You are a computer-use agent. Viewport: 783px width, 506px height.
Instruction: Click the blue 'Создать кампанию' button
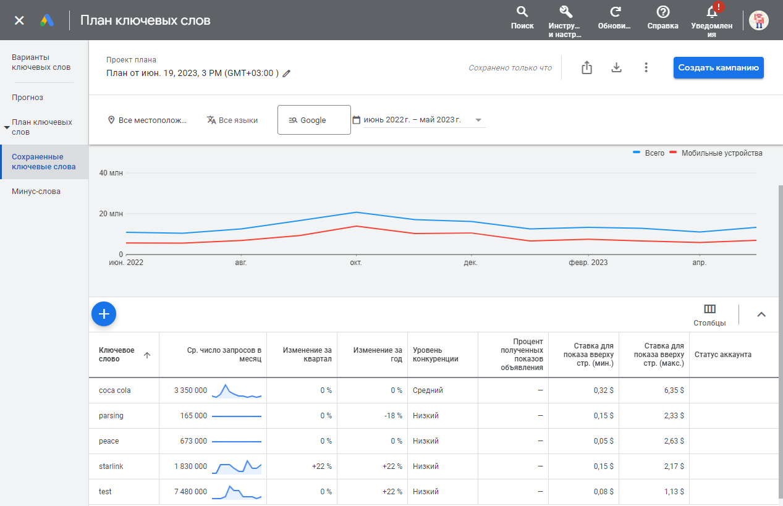click(718, 68)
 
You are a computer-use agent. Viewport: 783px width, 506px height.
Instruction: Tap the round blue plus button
click(104, 314)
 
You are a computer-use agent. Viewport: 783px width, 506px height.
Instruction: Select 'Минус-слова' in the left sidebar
click(36, 192)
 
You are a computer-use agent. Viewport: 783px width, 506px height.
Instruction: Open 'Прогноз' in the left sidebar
click(27, 98)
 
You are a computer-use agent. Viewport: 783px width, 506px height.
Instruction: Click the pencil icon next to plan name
click(286, 74)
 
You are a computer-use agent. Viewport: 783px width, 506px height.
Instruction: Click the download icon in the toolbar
click(616, 68)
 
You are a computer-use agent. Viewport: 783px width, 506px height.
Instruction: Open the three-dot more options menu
click(646, 68)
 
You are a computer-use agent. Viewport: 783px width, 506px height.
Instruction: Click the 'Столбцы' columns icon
click(709, 310)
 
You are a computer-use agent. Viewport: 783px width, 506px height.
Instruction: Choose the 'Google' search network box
click(314, 120)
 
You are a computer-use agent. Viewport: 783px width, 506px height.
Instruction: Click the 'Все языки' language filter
click(232, 120)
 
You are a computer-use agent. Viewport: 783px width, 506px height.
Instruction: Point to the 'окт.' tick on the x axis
click(355, 263)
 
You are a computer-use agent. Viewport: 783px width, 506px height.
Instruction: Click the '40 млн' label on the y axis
click(111, 173)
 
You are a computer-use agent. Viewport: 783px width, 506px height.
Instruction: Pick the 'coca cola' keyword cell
click(115, 390)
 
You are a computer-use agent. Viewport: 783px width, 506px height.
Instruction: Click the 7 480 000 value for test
click(190, 492)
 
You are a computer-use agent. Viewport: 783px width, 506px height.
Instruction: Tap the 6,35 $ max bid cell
click(672, 390)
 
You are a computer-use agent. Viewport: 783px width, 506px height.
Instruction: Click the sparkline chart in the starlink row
click(237, 466)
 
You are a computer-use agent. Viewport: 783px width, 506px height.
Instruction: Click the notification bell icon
click(712, 12)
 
